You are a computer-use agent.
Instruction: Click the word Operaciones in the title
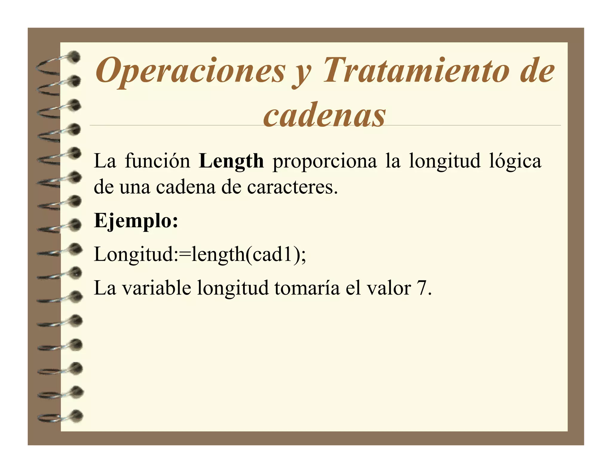click(x=190, y=71)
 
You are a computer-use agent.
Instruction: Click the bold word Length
click(x=231, y=161)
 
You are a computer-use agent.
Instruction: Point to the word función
click(x=157, y=161)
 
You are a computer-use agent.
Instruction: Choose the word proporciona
click(x=325, y=161)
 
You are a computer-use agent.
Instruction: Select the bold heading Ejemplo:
click(x=136, y=221)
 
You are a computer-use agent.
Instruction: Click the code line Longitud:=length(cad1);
click(x=200, y=255)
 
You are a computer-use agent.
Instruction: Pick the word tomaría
click(x=307, y=288)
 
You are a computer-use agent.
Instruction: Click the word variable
click(x=157, y=288)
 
